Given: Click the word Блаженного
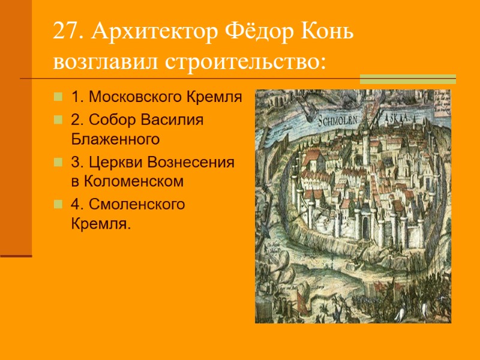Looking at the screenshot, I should (x=115, y=140).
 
